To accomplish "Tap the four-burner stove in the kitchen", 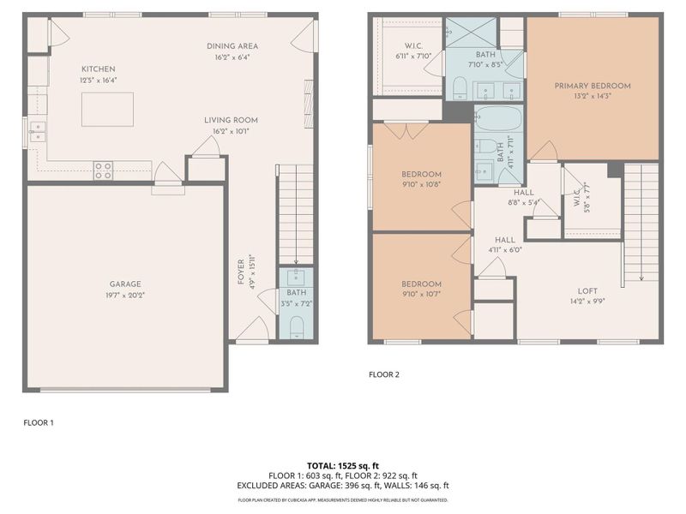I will (x=103, y=170).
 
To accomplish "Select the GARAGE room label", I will (x=124, y=284).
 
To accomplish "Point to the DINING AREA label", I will (x=232, y=46).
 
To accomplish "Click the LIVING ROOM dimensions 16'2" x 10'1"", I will (x=231, y=132).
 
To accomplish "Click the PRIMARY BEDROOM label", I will (x=592, y=86).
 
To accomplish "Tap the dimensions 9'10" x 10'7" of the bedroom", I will (x=420, y=296).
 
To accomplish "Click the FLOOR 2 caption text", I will (x=384, y=374).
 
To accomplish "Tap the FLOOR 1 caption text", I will (x=38, y=422).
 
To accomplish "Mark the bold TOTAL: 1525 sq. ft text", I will (x=342, y=464).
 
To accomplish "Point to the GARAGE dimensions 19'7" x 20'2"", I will (x=124, y=296).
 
